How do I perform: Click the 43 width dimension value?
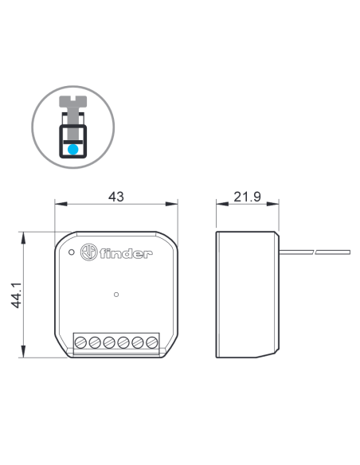pyautogui.click(x=116, y=197)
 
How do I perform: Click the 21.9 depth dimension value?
pyautogui.click(x=248, y=197)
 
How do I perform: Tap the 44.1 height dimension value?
pyautogui.click(x=16, y=295)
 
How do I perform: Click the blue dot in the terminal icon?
pyautogui.click(x=73, y=150)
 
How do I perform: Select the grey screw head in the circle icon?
pyautogui.click(x=73, y=101)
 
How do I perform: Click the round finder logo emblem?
pyautogui.click(x=88, y=252)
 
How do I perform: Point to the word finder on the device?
pyautogui.click(x=126, y=253)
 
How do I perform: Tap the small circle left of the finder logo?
pyautogui.click(x=71, y=252)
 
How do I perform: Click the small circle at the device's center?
pyautogui.click(x=116, y=295)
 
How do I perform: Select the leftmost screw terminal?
pyautogui.click(x=80, y=342)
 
